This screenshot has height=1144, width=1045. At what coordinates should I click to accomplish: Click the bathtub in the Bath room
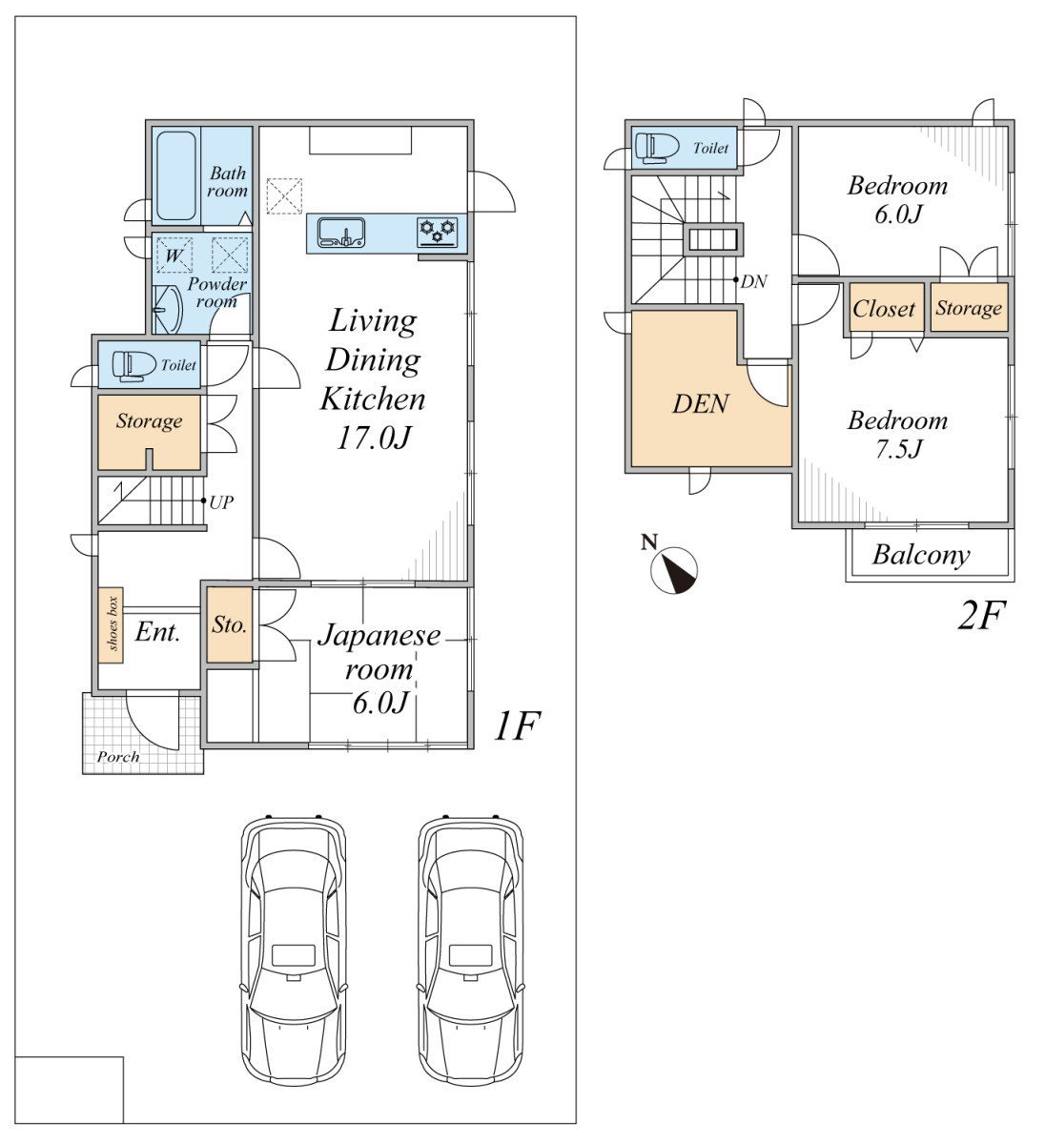(x=176, y=175)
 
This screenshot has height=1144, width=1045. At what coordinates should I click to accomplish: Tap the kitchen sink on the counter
(x=341, y=232)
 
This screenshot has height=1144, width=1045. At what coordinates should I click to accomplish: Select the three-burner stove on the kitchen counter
(x=438, y=232)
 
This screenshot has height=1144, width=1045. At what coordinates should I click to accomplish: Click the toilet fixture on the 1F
(x=134, y=365)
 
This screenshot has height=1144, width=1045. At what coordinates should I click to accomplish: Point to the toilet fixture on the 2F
(x=657, y=149)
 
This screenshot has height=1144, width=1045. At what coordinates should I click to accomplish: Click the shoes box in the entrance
(x=111, y=624)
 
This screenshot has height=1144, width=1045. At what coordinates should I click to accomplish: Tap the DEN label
(x=701, y=404)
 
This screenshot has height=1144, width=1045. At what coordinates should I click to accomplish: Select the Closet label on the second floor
(x=884, y=309)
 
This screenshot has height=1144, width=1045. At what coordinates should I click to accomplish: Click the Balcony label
(x=921, y=555)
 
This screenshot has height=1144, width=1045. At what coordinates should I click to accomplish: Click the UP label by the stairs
(x=221, y=502)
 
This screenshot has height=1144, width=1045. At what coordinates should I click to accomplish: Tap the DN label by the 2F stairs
(x=753, y=281)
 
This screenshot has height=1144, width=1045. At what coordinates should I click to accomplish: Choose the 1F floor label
(x=516, y=726)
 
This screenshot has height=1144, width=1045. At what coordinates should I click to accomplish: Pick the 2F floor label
(x=980, y=615)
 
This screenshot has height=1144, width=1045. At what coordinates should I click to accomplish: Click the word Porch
(x=118, y=757)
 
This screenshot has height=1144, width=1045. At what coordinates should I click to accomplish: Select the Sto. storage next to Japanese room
(x=229, y=624)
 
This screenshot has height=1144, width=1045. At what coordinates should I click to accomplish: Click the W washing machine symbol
(x=174, y=255)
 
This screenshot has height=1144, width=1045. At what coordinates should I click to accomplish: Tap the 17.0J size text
(x=374, y=438)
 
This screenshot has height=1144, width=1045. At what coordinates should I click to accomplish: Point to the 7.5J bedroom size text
(x=898, y=449)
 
